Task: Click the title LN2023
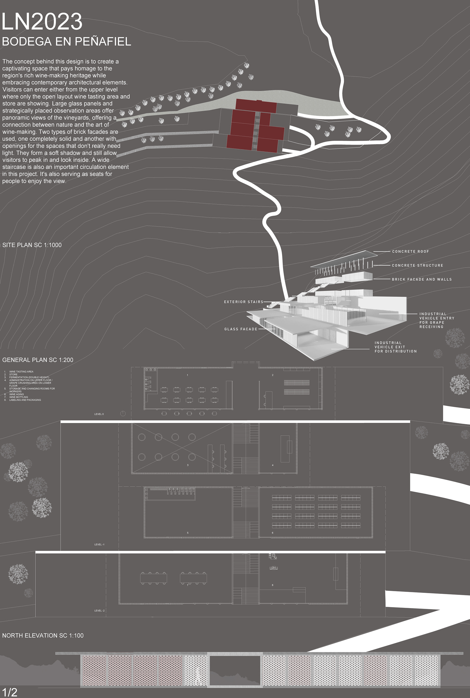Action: (42, 22)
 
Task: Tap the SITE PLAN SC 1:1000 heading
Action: (32, 245)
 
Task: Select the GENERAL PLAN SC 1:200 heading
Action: (38, 360)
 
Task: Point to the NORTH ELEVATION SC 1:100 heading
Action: (43, 635)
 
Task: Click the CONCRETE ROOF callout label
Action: (410, 251)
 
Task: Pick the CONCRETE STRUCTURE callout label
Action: (417, 266)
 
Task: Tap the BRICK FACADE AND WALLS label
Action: (422, 279)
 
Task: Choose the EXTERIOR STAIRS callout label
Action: (243, 302)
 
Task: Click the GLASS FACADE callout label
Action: (241, 329)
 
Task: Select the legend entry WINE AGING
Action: (16, 394)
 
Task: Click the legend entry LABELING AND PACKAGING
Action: (25, 400)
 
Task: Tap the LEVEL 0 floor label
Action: (99, 414)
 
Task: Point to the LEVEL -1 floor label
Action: (99, 544)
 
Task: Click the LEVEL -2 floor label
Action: (99, 610)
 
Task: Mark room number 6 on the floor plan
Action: (272, 533)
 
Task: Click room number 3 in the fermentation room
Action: (188, 465)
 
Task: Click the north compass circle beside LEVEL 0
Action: (123, 414)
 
